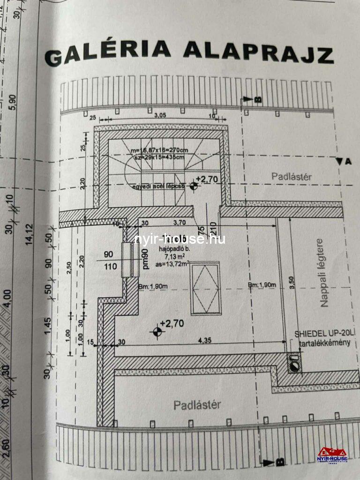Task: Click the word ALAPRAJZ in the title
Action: (x=258, y=52)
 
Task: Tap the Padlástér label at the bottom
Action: (x=197, y=405)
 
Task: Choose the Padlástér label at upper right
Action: (x=292, y=176)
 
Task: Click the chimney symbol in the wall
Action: (x=294, y=364)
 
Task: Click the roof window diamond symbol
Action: (x=206, y=289)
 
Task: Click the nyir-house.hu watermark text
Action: (x=180, y=239)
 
